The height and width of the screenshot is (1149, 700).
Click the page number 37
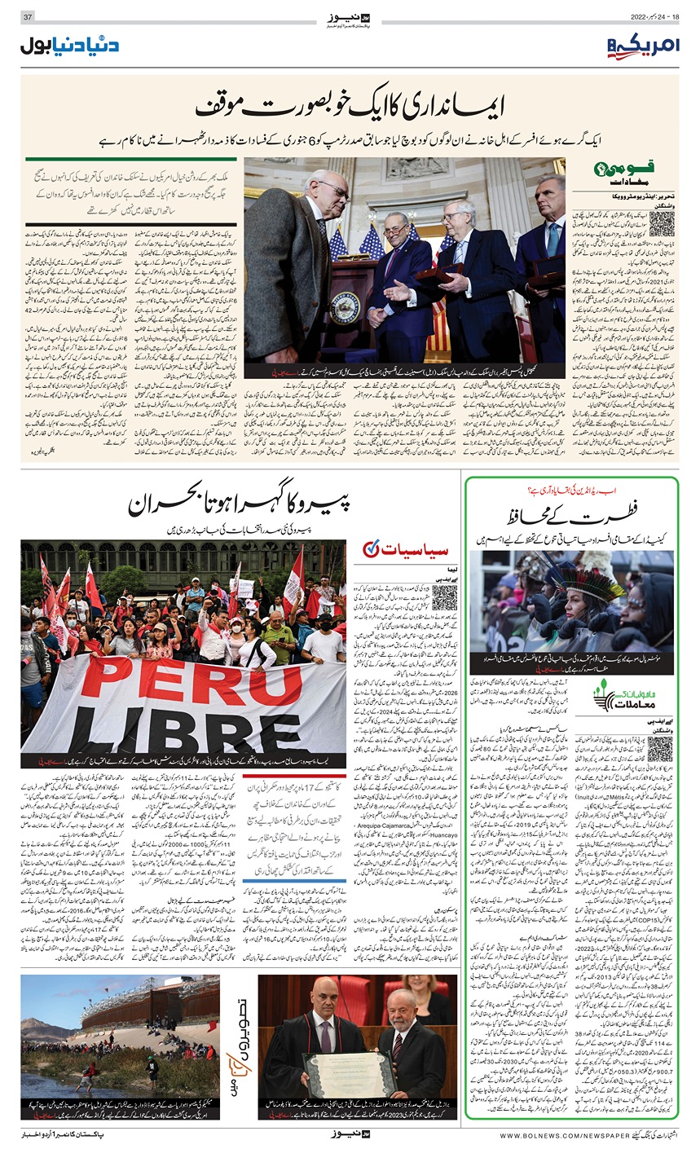[x=27, y=17]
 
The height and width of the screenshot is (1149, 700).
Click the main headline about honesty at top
[x=350, y=108]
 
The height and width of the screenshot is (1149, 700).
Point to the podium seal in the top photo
[x=339, y=316]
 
